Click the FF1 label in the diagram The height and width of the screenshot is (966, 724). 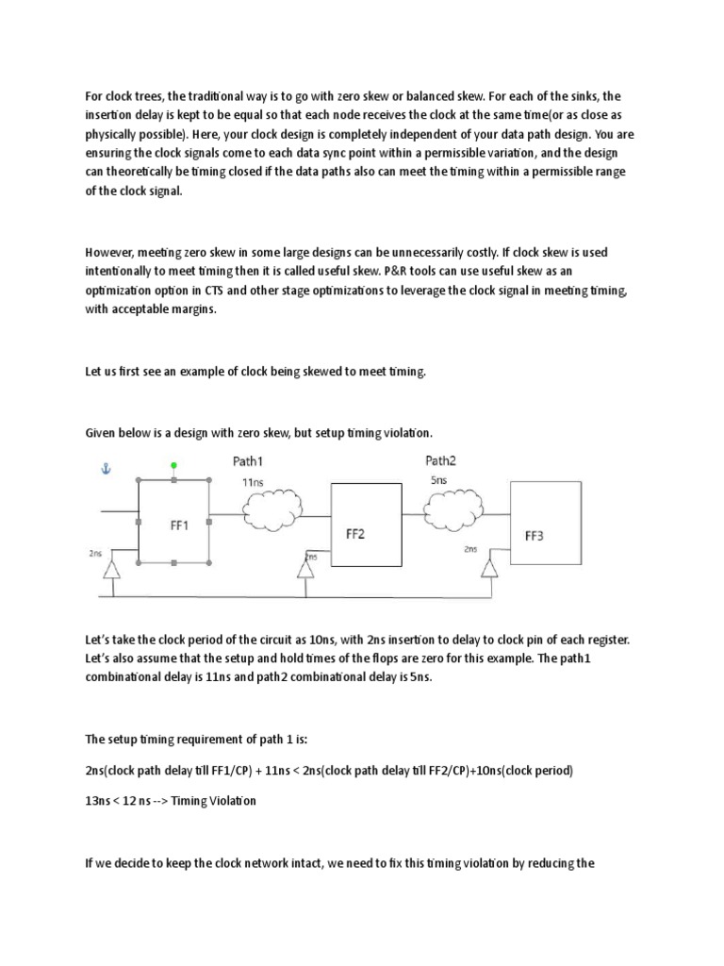coord(179,526)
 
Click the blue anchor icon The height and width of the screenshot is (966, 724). coord(105,468)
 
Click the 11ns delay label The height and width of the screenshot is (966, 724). coord(252,482)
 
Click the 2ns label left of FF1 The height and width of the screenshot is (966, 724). coord(95,553)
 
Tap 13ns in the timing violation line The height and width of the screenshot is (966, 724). coord(97,801)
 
